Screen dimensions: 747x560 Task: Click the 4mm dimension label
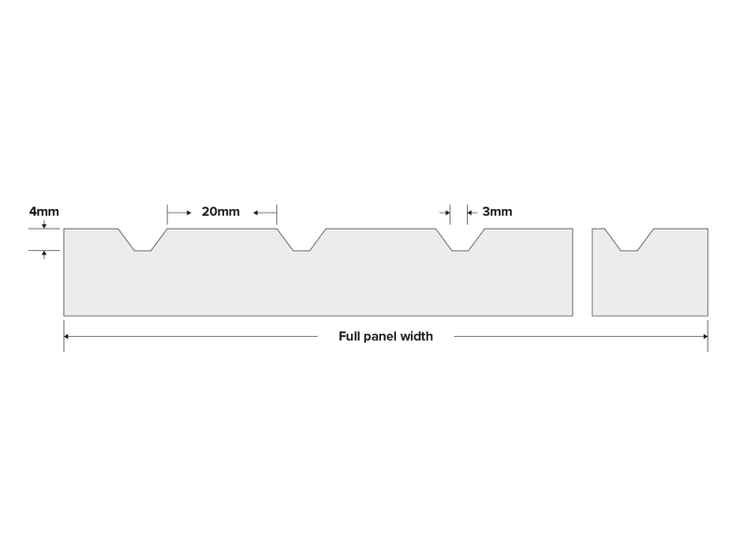click(x=44, y=212)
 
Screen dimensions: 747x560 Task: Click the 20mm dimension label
click(x=220, y=212)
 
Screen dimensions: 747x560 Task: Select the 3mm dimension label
click(x=497, y=212)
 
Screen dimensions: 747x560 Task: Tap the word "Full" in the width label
click(x=349, y=336)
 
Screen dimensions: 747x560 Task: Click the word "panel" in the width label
click(x=380, y=337)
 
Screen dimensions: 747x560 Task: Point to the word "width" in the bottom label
click(x=416, y=336)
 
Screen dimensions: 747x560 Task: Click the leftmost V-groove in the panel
click(x=143, y=240)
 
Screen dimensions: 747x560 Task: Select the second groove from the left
click(x=302, y=240)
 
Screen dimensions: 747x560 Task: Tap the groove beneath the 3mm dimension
click(x=460, y=240)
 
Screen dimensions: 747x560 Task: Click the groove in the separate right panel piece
click(x=628, y=240)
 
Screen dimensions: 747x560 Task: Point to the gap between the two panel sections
click(x=582, y=272)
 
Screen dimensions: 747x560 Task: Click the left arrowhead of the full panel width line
click(x=66, y=336)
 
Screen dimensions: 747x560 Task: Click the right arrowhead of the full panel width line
click(x=706, y=336)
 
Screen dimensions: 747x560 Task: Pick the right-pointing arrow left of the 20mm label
click(x=179, y=213)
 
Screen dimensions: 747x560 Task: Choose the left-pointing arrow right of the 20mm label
click(x=265, y=213)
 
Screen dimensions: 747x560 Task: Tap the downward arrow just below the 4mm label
click(x=44, y=224)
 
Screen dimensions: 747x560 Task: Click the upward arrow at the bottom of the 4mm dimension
click(x=44, y=255)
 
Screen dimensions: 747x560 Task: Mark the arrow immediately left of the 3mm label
click(x=472, y=213)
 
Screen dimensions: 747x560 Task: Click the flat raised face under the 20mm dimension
click(x=222, y=230)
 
